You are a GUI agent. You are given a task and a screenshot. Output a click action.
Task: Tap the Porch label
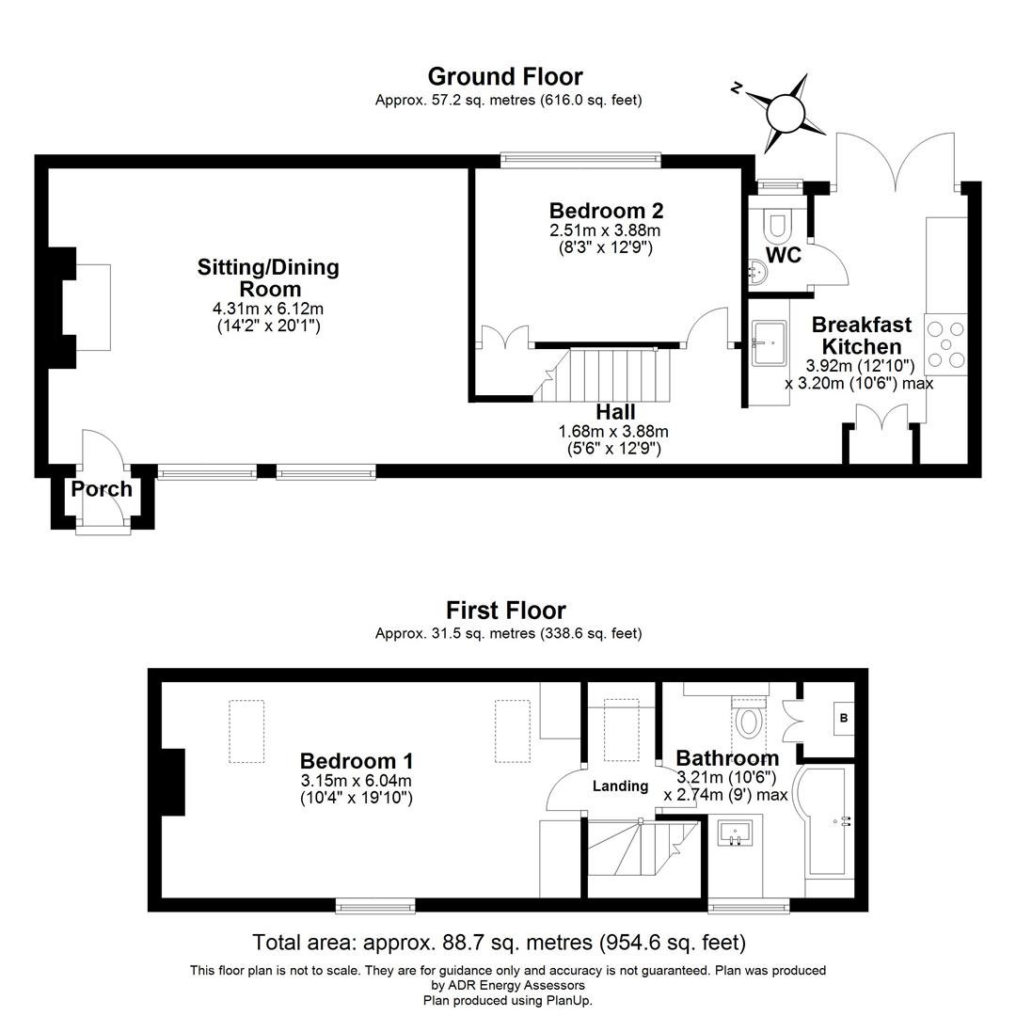(102, 489)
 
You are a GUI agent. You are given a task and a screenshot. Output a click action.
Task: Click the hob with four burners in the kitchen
(945, 344)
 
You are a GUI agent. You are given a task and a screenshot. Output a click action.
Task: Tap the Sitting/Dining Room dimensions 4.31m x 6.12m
(268, 309)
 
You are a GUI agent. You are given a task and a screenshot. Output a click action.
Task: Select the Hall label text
(614, 412)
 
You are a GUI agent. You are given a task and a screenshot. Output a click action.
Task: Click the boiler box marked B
(843, 718)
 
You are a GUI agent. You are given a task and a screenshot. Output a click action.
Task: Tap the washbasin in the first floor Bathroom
(736, 833)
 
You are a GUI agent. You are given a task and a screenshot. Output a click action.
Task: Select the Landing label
(620, 786)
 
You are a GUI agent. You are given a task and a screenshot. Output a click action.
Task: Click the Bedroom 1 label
(356, 760)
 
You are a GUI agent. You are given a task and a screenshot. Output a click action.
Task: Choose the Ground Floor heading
(505, 76)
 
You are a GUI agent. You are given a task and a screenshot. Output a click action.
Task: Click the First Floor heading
(505, 611)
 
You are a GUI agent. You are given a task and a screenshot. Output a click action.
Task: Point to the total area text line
(499, 942)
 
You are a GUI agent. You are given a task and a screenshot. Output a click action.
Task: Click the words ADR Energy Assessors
(508, 985)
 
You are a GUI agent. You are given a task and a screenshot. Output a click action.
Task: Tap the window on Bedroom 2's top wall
(579, 160)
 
